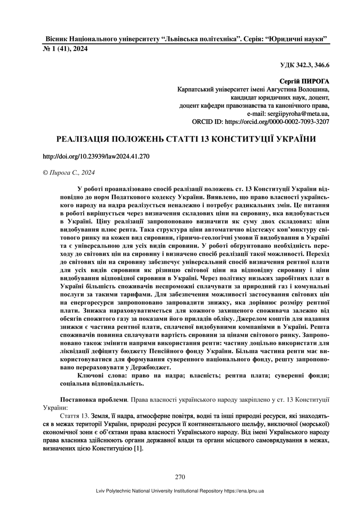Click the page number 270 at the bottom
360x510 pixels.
(x=180, y=477)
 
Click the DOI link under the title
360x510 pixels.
(x=96, y=156)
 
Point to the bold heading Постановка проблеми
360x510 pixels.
(x=93, y=399)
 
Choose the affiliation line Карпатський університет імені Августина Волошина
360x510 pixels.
(x=253, y=89)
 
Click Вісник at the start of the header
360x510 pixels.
(x=56, y=39)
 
